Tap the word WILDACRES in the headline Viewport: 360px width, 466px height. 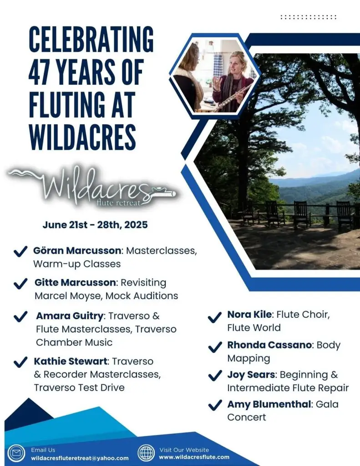[82, 137]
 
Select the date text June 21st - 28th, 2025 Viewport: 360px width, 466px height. [95, 225]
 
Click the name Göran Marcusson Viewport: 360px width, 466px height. [77, 251]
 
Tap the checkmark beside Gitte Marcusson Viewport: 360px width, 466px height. [20, 284]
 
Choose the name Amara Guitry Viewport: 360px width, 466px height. [70, 316]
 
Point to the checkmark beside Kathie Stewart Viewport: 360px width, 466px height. [20, 362]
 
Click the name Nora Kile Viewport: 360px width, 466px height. [249, 314]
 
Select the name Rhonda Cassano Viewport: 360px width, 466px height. [269, 345]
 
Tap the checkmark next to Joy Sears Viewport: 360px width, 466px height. [215, 375]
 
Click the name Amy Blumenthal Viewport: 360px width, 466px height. [269, 404]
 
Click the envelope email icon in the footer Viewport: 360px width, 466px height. [17, 454]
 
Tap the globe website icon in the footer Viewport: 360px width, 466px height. [146, 453]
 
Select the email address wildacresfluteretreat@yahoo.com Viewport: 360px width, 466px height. [80, 458]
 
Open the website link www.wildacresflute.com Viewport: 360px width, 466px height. [194, 457]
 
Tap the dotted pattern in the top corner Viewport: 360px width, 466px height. [308, 17]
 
